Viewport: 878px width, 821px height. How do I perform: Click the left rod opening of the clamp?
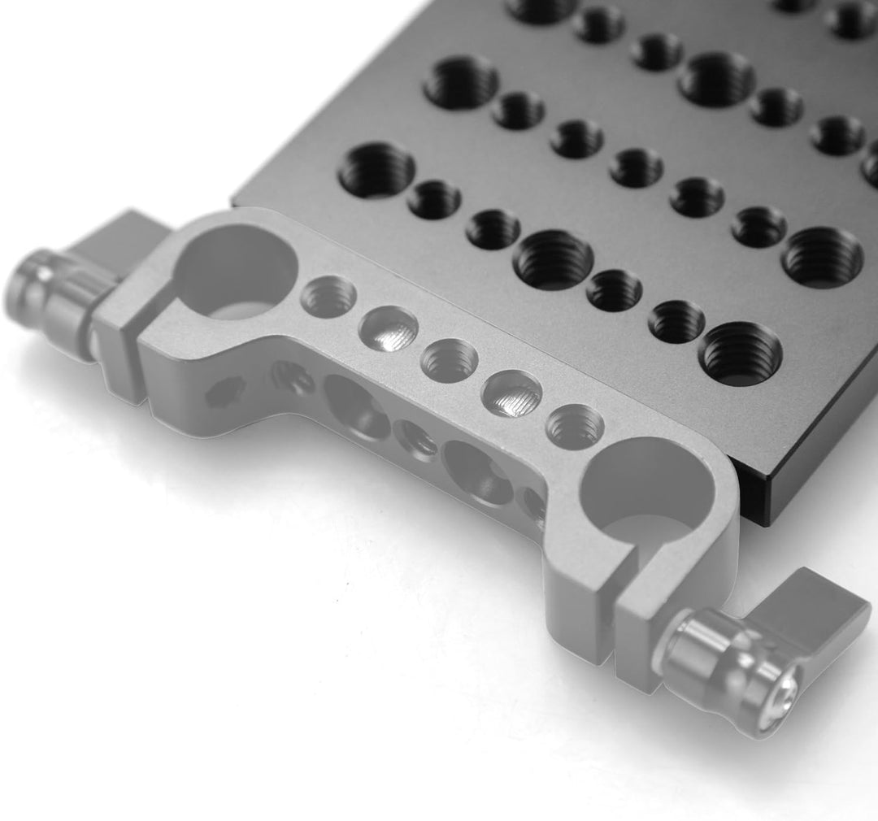(233, 272)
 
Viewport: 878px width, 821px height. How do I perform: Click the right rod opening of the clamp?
(646, 483)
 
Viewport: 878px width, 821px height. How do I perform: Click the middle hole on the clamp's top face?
(449, 360)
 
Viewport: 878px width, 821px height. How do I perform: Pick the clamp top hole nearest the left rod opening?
(328, 296)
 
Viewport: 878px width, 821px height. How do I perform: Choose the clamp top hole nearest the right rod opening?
(574, 426)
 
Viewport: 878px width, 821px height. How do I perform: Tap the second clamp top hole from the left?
(389, 328)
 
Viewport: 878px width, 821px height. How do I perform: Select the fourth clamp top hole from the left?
(511, 393)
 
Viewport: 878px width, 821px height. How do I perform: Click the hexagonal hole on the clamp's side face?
(219, 395)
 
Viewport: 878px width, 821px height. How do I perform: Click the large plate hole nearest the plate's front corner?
(739, 354)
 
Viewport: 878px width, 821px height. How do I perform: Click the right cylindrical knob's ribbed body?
(715, 658)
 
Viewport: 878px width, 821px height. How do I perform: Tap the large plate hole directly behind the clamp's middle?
(554, 259)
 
